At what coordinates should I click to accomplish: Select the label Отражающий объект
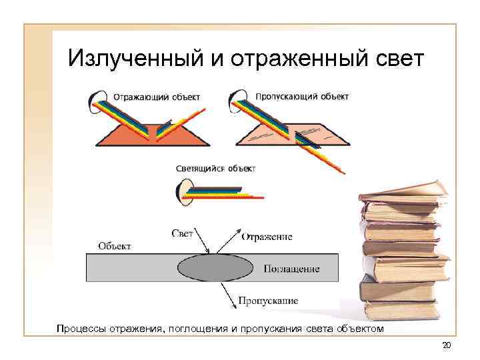pos(156,97)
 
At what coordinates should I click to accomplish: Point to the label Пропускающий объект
pos(301,96)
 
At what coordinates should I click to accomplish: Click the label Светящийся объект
pos(215,169)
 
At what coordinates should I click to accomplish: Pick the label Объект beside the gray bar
pos(115,245)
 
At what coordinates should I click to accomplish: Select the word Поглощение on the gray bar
pos(291,269)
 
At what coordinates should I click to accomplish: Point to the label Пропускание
pos(269,301)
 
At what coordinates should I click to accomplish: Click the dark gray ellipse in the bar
pos(215,267)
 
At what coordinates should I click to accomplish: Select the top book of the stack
pos(403,192)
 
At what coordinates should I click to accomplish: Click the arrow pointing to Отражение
pos(227,240)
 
